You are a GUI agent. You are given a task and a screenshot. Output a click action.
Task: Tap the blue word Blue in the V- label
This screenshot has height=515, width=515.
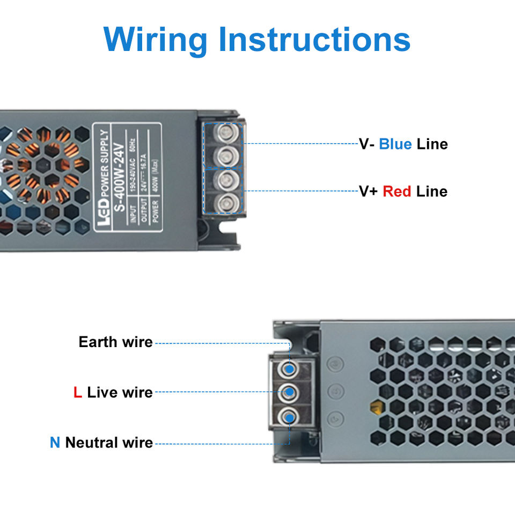(x=395, y=144)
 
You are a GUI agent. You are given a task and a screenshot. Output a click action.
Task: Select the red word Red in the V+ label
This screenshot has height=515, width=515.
(x=397, y=191)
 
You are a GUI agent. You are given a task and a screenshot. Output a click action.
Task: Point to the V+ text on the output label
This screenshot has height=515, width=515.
(x=368, y=191)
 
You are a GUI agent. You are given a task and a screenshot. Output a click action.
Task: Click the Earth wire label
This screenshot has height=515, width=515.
(x=115, y=342)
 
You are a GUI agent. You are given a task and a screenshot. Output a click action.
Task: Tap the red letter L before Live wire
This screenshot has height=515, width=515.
(x=78, y=392)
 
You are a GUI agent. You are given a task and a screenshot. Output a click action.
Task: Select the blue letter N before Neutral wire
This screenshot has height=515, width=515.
(x=55, y=443)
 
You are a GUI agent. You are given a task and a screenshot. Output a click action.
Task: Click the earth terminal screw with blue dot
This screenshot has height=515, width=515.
(x=289, y=369)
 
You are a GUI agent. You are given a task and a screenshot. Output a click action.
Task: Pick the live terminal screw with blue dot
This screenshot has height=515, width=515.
(x=289, y=392)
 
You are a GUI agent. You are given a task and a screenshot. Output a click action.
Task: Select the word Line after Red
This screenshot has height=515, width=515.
(x=432, y=191)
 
